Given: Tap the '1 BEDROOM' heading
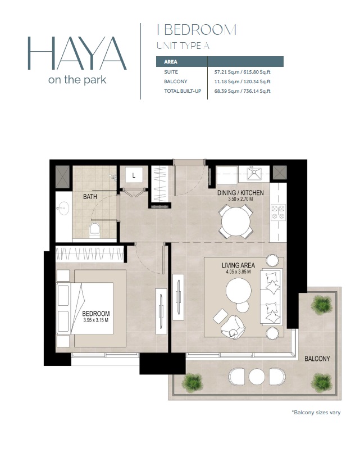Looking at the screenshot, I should coord(196,30).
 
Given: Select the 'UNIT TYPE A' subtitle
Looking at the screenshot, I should coord(183,46).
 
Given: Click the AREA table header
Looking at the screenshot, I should coord(171,62).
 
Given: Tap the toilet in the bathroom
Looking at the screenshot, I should coord(94,229).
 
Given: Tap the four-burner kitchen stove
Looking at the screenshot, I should coord(278,212).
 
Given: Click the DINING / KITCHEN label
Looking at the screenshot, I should coord(240,193).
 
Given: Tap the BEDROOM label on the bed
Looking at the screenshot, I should coord(96,314).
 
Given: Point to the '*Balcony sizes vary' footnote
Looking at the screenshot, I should coord(316,413).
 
